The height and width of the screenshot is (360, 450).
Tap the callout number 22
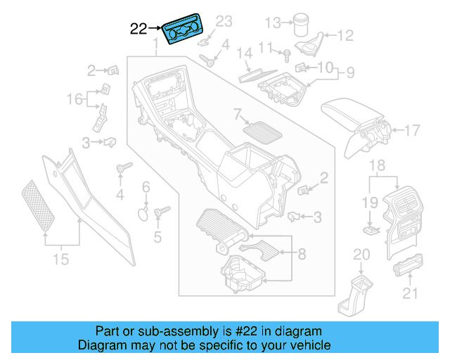pos(139,29)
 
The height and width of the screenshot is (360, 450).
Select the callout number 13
pos(272,23)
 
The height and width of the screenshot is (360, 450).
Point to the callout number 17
pos(412,129)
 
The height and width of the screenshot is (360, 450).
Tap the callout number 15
pos(61,259)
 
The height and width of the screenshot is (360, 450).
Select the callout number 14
pos(244,53)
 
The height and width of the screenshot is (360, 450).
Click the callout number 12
pos(346,34)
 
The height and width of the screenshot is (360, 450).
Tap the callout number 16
pos(75,99)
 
